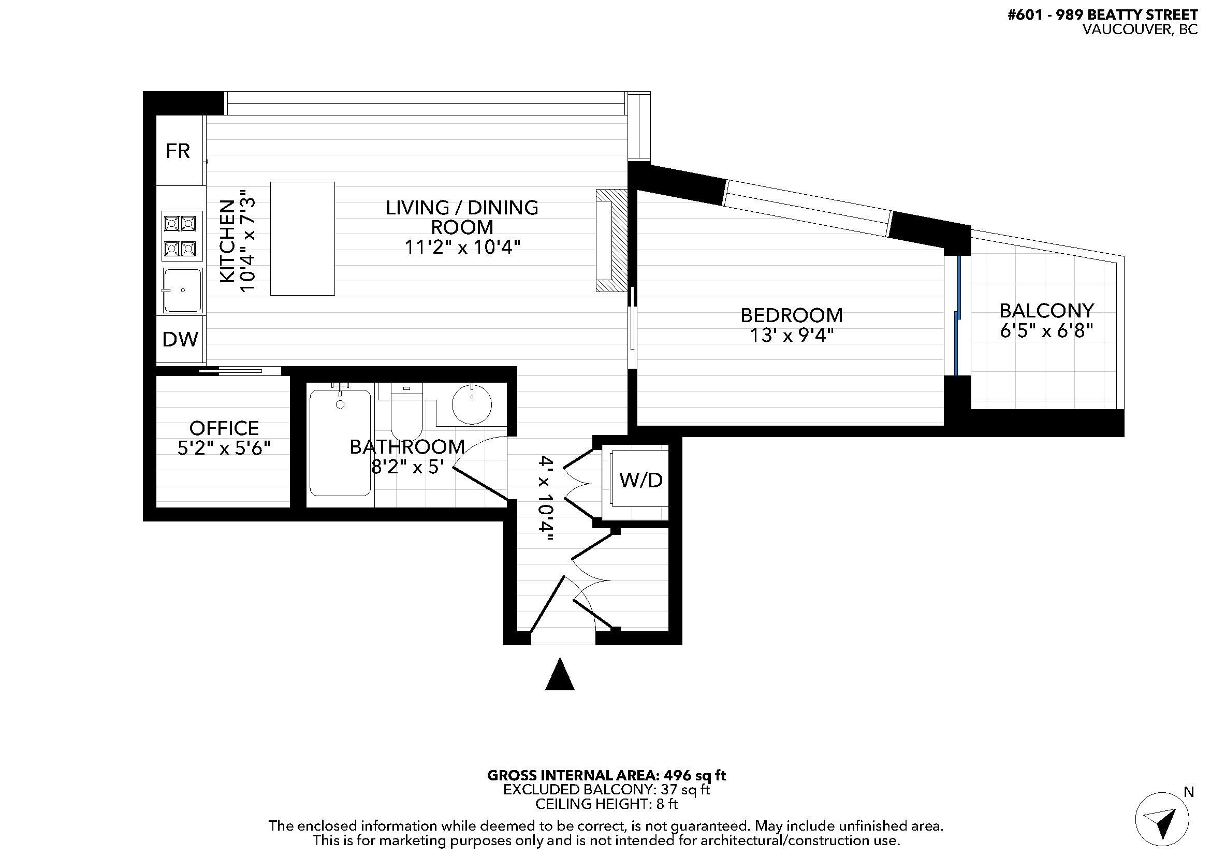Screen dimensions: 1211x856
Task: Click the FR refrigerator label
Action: click(x=178, y=151)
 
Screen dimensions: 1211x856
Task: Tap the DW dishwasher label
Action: click(x=180, y=340)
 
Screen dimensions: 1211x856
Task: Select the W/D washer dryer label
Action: click(x=641, y=480)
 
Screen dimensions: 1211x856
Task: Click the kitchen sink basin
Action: click(x=182, y=291)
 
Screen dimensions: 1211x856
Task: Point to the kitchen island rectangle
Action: click(x=302, y=238)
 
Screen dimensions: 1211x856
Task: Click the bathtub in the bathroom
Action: click(x=340, y=443)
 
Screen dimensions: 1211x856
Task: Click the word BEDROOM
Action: click(x=792, y=315)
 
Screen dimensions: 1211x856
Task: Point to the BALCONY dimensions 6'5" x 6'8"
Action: click(x=1046, y=331)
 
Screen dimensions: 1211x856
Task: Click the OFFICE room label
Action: click(x=224, y=428)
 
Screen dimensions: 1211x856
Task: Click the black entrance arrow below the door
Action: click(x=560, y=674)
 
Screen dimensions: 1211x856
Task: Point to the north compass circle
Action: click(x=1162, y=819)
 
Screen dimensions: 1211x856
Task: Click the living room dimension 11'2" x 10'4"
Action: click(x=462, y=247)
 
